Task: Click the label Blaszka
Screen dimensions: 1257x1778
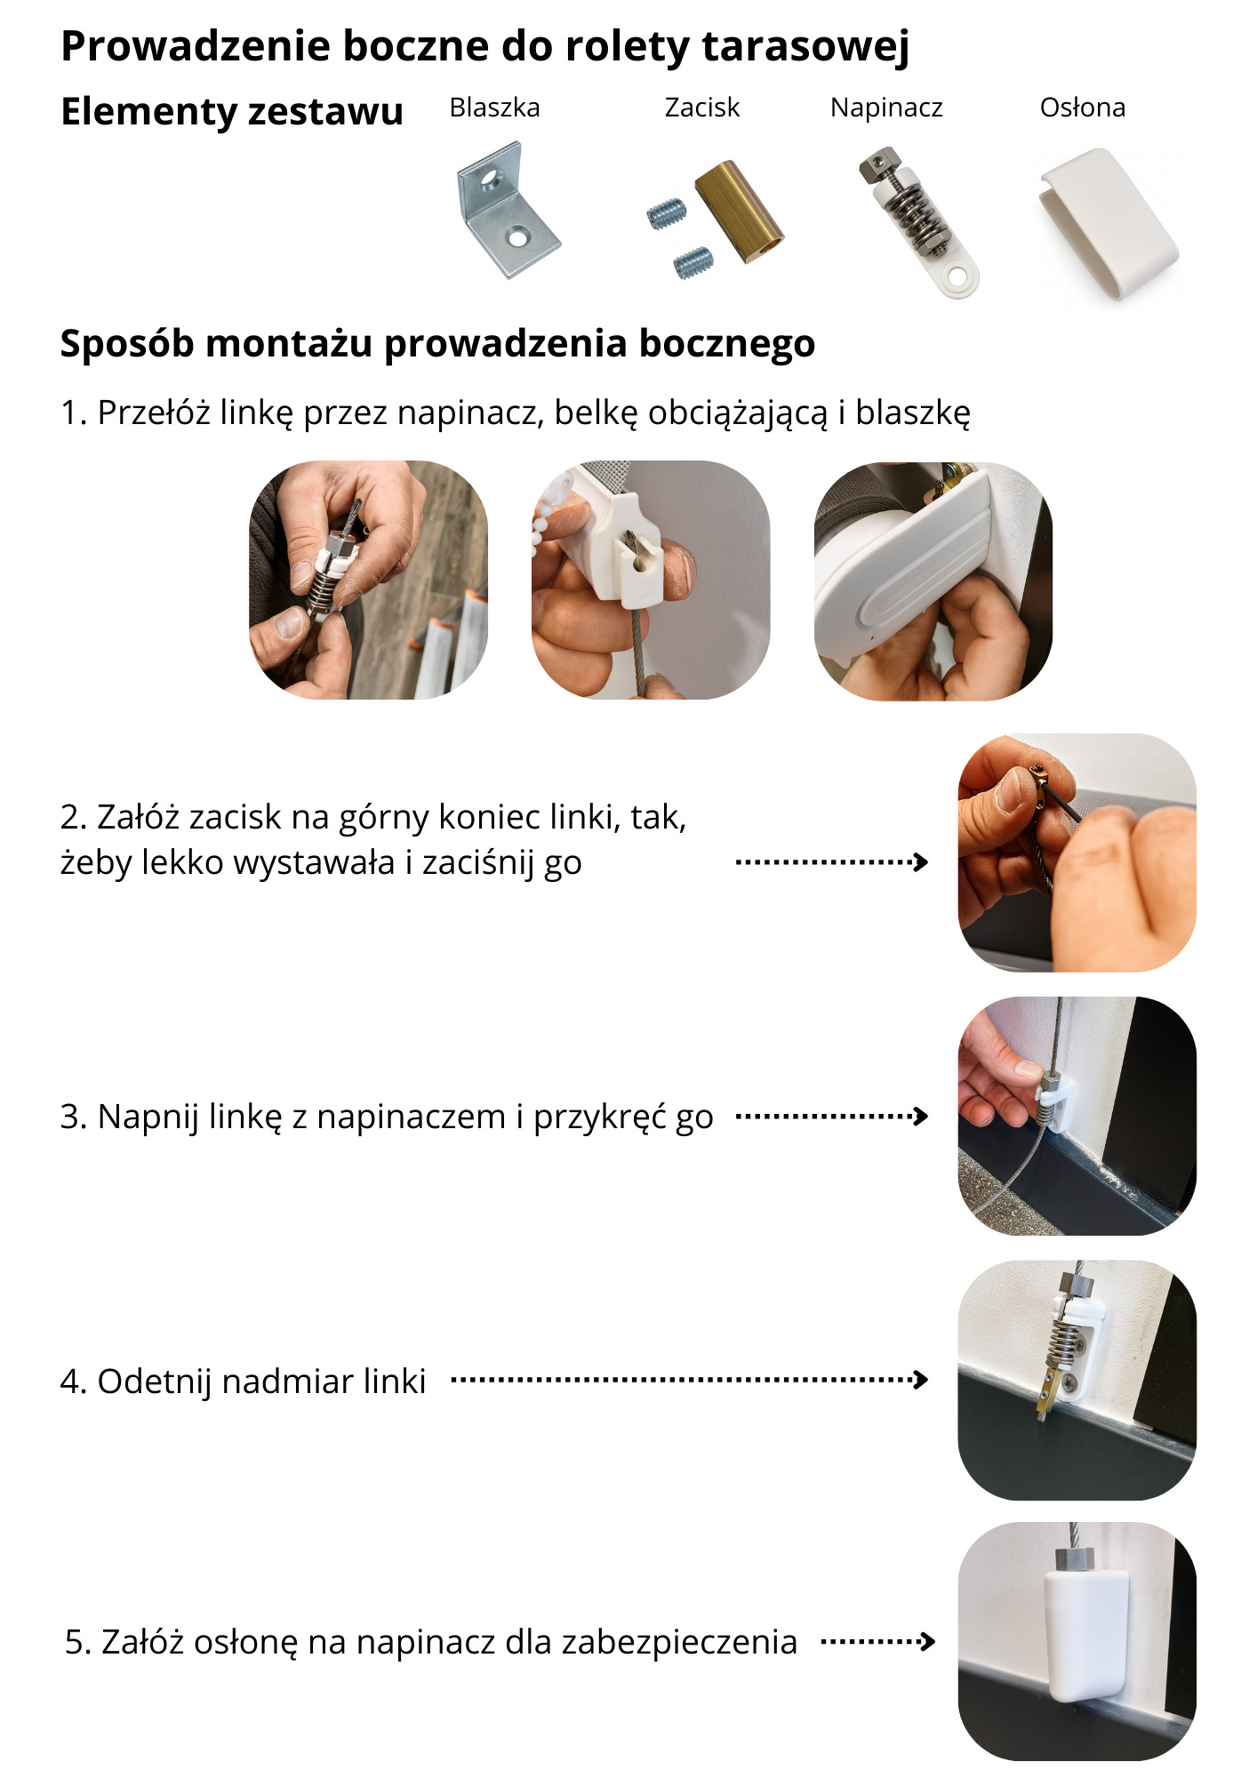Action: click(494, 108)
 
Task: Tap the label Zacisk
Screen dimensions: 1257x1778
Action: click(702, 108)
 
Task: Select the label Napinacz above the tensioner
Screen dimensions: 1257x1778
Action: click(886, 108)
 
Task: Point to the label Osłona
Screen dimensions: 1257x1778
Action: click(1083, 108)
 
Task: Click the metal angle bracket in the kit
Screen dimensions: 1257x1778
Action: click(508, 210)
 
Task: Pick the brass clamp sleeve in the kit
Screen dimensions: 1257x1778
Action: click(740, 212)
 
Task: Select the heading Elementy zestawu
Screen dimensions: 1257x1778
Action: click(232, 112)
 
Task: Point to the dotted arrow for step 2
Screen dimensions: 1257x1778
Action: click(832, 861)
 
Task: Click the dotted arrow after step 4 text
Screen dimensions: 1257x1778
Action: click(690, 1380)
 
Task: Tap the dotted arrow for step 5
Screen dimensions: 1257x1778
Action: click(877, 1641)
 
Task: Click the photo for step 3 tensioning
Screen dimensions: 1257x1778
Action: click(1077, 1116)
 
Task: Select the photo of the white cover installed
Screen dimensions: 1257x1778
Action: click(1077, 1641)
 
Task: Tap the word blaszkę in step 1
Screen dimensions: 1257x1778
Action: click(913, 413)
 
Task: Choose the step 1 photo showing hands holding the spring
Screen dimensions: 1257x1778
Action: click(368, 580)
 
